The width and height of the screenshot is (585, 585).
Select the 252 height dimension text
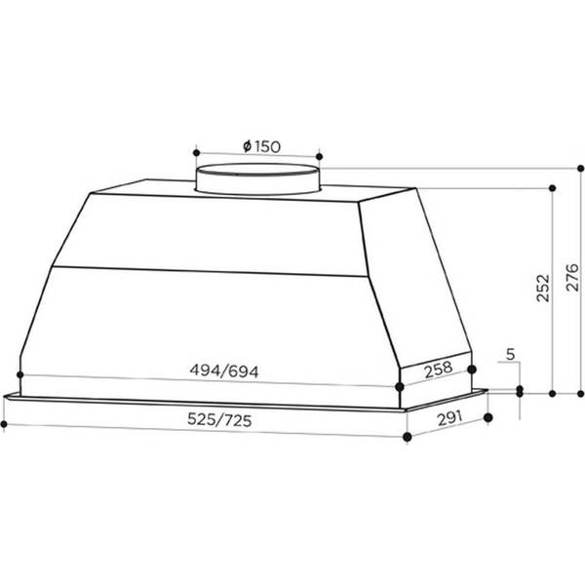click(543, 289)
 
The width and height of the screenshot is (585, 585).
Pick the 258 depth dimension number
click(439, 370)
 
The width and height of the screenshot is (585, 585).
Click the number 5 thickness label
click(512, 355)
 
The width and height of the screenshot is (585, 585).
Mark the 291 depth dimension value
click(449, 420)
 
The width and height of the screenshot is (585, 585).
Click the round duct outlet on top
click(257, 180)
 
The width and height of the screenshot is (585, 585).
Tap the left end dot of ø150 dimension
click(195, 154)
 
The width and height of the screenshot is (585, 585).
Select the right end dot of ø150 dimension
click(319, 154)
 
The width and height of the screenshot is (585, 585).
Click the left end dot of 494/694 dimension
click(19, 373)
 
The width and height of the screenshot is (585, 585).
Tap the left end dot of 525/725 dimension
click(4, 425)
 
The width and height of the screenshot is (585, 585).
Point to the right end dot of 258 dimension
click(472, 370)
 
